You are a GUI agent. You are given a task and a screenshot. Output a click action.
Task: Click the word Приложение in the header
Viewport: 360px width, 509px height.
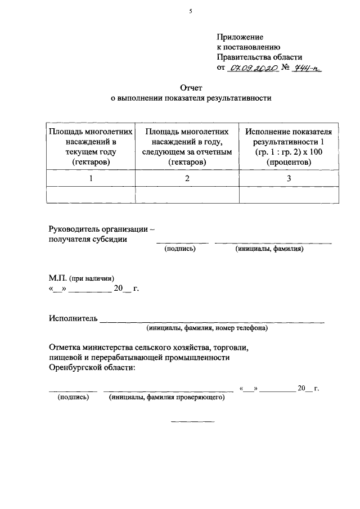click(x=240, y=37)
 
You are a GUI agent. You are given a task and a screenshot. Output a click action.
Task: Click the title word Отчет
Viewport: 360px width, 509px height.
click(x=190, y=87)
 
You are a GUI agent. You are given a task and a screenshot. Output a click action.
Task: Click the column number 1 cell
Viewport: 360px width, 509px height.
click(x=91, y=178)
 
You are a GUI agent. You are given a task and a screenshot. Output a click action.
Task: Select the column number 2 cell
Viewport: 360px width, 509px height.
click(x=187, y=178)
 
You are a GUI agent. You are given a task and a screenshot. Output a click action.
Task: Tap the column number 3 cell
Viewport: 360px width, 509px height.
click(x=289, y=178)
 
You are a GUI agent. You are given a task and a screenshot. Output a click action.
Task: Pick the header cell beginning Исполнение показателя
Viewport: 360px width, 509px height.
click(x=289, y=146)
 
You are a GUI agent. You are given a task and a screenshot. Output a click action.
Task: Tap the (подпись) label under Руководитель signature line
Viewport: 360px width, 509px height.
click(x=180, y=249)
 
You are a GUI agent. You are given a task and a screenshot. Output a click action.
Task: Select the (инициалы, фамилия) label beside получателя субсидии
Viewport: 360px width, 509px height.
click(x=270, y=249)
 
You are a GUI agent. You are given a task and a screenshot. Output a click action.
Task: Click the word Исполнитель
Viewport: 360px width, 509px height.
click(x=73, y=318)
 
